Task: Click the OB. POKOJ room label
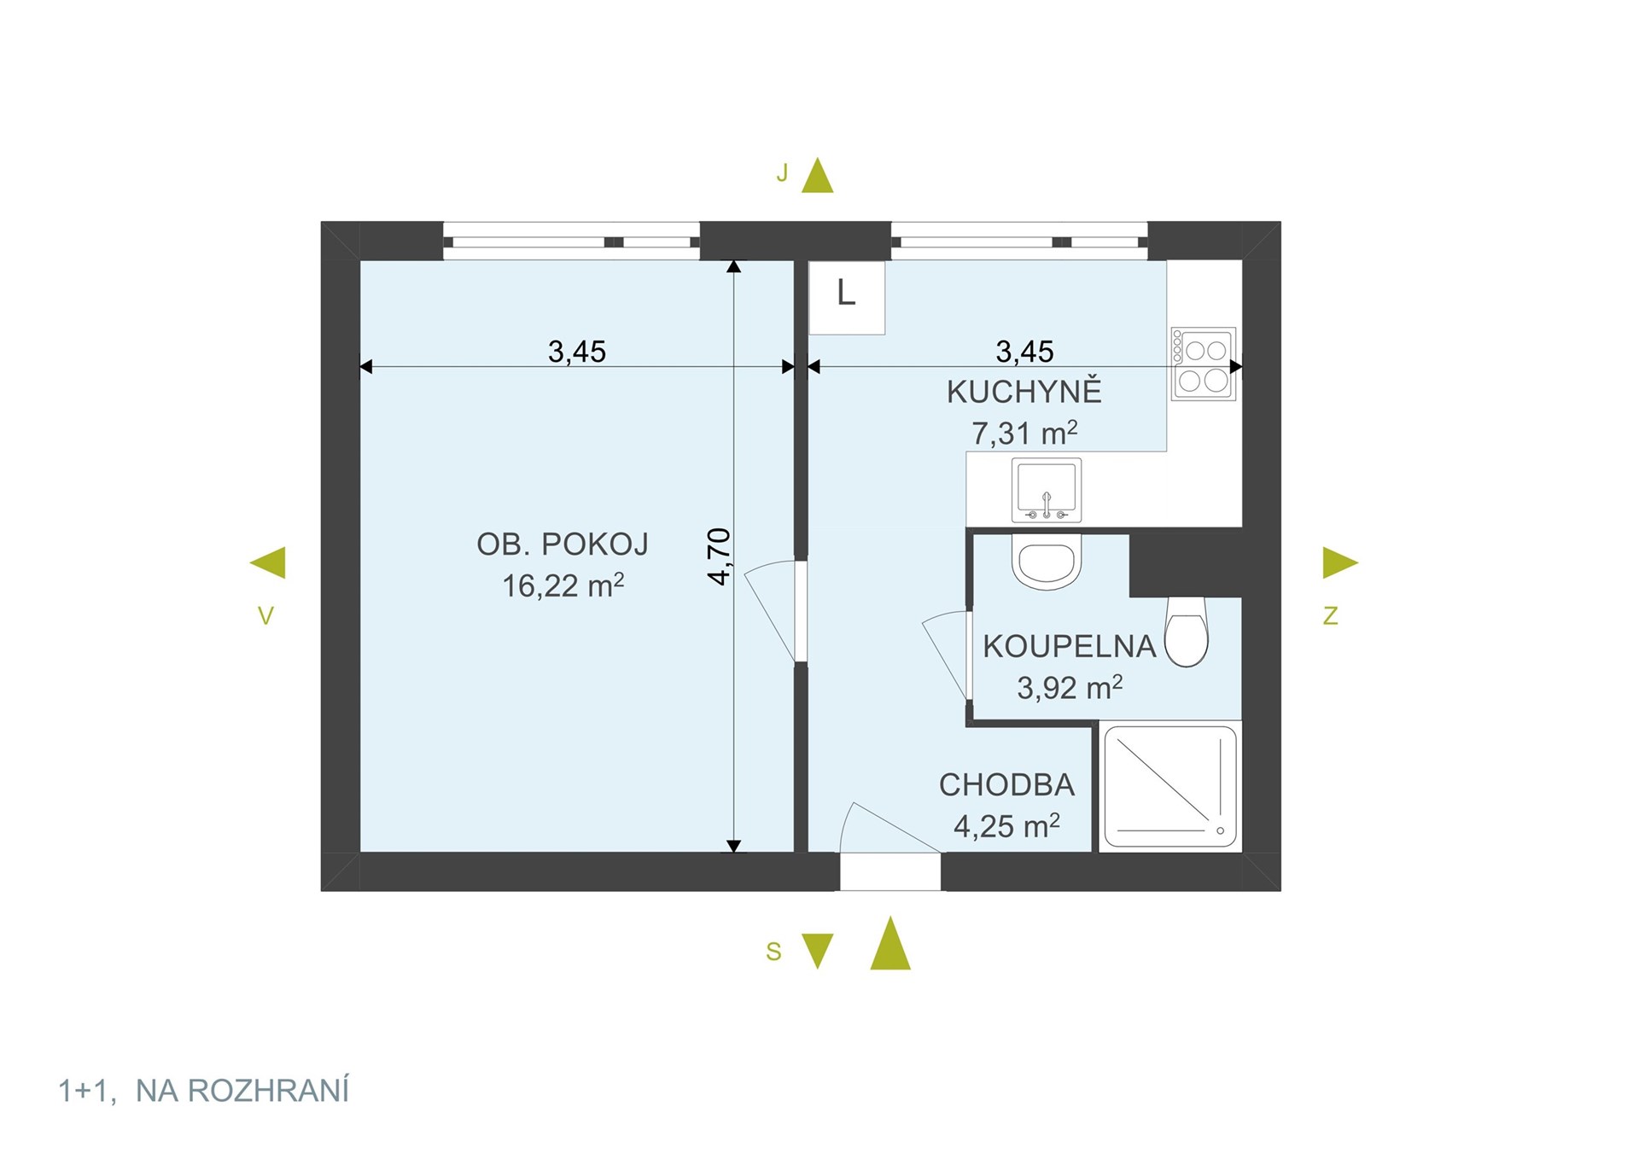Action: tap(563, 545)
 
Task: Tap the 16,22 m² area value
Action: tap(563, 585)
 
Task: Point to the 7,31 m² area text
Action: tap(1024, 433)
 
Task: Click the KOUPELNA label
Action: tap(1070, 647)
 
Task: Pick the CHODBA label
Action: tap(1006, 785)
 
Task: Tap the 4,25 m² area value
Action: tap(1006, 826)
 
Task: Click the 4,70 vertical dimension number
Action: tap(720, 556)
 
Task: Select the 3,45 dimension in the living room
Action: tap(577, 352)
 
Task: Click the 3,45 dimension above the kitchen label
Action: tap(1025, 352)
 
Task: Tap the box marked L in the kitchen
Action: tap(847, 297)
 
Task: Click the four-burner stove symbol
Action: tap(1203, 364)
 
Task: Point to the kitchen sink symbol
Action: tap(1047, 490)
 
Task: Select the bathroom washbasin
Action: tap(1047, 561)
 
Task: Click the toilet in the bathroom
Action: tap(1187, 632)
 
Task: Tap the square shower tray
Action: tap(1169, 786)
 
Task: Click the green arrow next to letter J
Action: tap(817, 175)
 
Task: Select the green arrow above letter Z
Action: tap(1340, 562)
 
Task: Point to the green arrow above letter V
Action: tap(267, 562)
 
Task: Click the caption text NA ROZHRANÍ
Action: tap(242, 1091)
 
